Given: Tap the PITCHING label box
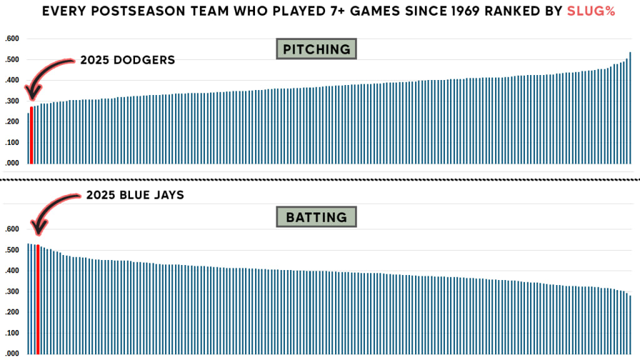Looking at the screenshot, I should pyautogui.click(x=316, y=49).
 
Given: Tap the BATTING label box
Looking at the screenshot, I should pyautogui.click(x=316, y=217).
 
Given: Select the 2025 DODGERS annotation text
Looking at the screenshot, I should pyautogui.click(x=127, y=61).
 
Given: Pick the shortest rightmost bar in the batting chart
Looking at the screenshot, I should pyautogui.click(x=630, y=324).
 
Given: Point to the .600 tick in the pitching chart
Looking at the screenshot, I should pyautogui.click(x=12, y=39).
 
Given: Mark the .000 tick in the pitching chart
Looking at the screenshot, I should pyautogui.click(x=12, y=162).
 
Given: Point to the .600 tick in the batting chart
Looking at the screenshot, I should pyautogui.click(x=12, y=229).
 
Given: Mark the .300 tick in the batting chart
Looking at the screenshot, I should pyautogui.click(x=12, y=291).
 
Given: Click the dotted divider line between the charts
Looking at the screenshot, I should pyautogui.click(x=320, y=180).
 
